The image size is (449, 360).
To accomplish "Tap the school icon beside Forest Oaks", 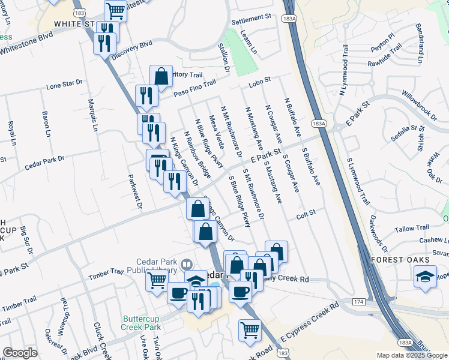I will click(425, 277).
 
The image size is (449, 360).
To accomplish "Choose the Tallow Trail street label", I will click(412, 229).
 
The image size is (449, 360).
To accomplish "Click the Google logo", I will click(20, 353).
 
